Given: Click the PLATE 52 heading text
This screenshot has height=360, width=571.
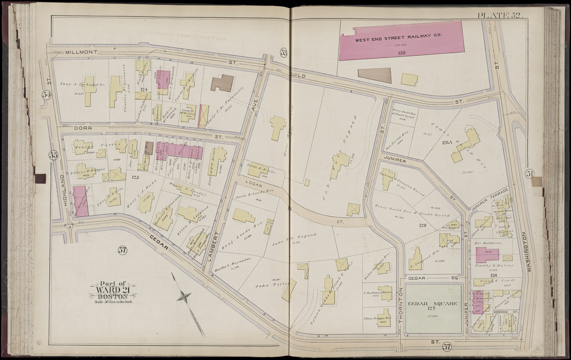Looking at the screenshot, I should click(x=499, y=16).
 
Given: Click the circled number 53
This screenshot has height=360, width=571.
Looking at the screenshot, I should click(x=283, y=52).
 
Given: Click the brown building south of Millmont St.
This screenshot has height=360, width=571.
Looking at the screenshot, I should click(x=222, y=83).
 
